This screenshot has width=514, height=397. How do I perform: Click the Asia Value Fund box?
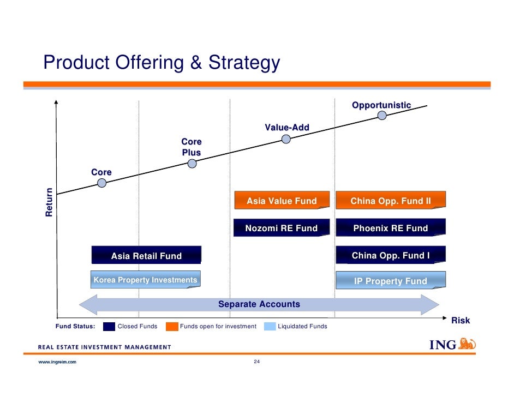click(282, 201)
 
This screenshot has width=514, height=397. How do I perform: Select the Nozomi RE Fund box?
click(282, 228)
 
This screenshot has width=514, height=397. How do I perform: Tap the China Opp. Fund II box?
click(391, 201)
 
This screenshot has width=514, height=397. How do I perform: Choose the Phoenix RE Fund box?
click(391, 228)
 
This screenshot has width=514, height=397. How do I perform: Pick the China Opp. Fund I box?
click(391, 255)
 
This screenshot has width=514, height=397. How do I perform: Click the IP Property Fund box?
click(391, 281)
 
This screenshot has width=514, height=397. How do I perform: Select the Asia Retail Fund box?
click(146, 255)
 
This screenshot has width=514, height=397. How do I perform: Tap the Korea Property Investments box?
click(145, 280)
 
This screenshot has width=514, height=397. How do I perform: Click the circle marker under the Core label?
click(101, 183)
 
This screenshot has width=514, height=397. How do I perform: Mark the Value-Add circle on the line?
click(286, 139)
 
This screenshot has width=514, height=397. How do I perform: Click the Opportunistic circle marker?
click(382, 115)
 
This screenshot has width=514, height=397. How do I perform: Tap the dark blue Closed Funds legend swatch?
click(109, 327)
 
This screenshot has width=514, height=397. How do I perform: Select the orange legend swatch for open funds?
click(172, 327)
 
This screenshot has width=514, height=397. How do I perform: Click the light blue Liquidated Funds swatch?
click(270, 327)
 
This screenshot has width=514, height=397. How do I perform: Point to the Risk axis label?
click(461, 321)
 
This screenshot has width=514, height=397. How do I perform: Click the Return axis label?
click(50, 202)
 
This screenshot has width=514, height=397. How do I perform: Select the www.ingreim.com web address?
click(57, 362)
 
